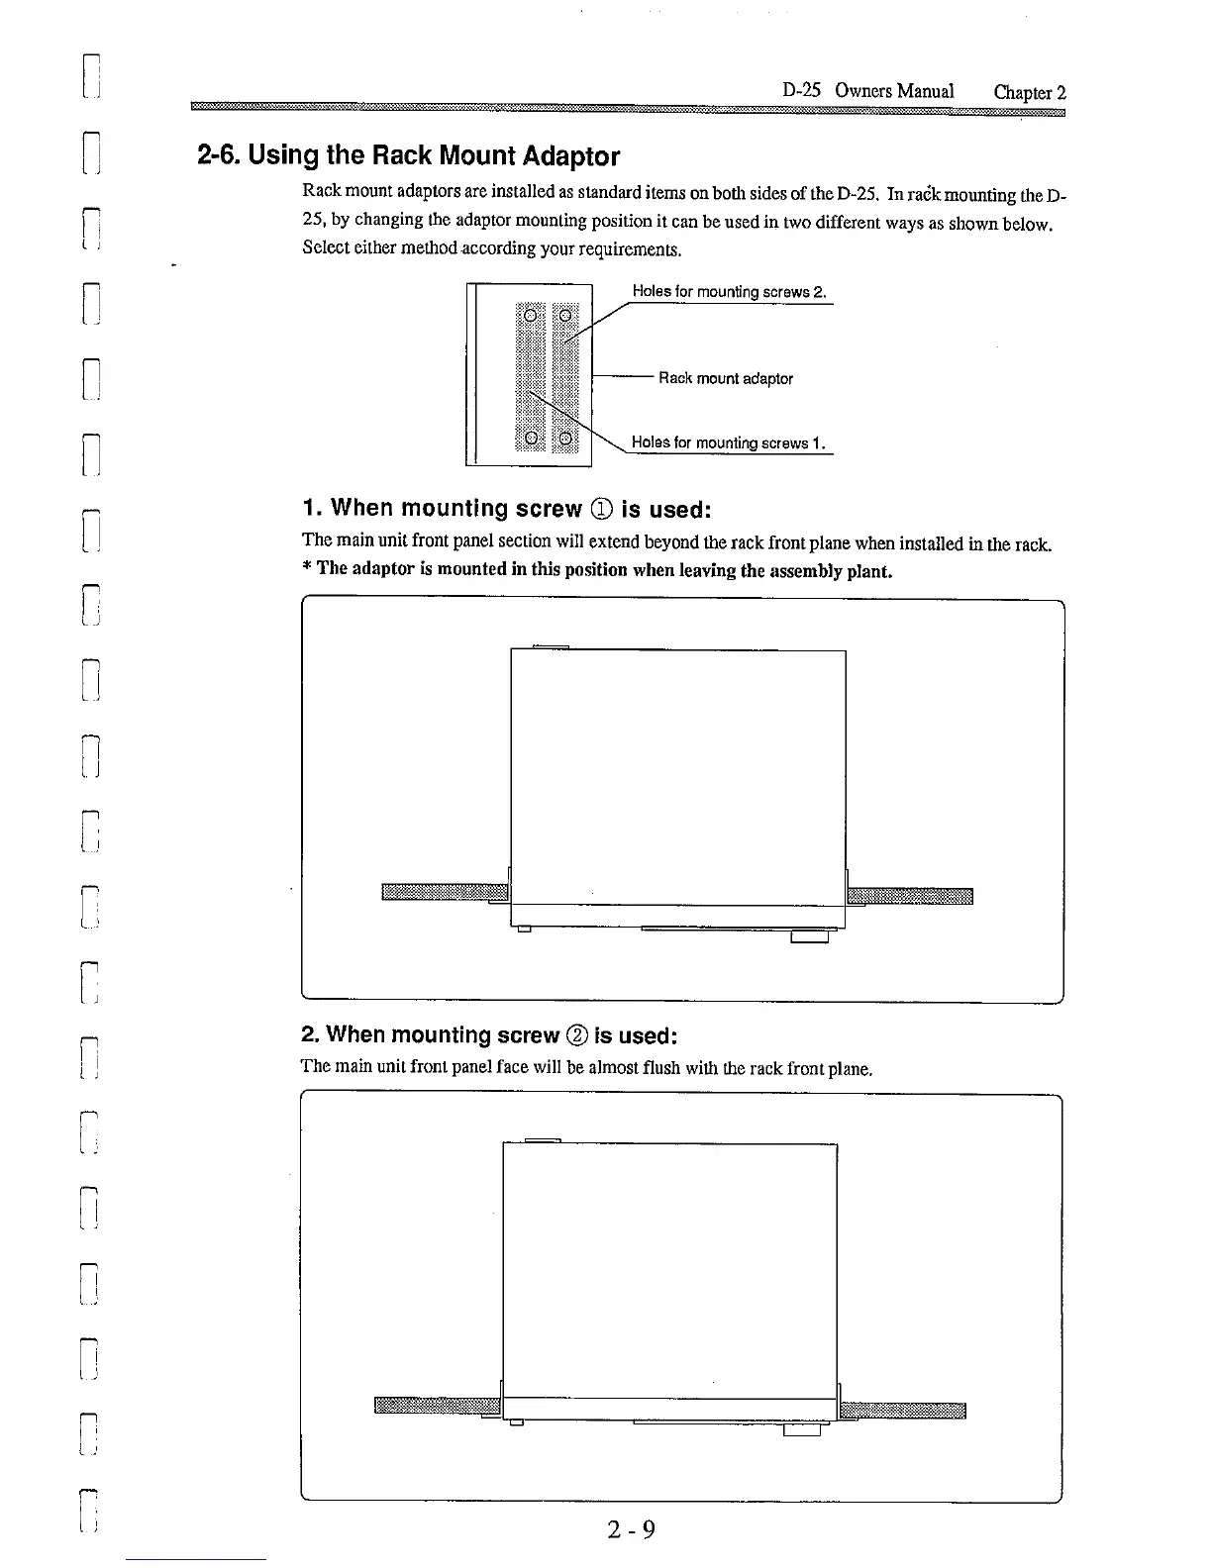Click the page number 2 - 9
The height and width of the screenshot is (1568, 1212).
tap(633, 1529)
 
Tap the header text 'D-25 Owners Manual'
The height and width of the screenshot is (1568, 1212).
tap(867, 91)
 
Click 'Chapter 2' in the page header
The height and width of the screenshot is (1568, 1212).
tap(1030, 92)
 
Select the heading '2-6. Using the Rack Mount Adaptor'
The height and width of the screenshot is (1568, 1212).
tap(408, 156)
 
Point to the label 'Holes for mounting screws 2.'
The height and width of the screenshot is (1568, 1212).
tap(729, 292)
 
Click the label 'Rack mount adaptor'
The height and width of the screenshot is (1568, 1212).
tap(726, 378)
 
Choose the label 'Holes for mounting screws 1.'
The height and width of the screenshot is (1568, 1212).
tap(729, 442)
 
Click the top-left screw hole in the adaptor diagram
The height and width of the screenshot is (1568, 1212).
tap(531, 316)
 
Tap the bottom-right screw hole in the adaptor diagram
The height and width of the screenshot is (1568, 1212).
tap(565, 438)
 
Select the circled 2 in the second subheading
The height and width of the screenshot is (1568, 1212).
tap(576, 1035)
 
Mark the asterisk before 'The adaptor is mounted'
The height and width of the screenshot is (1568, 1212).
tap(307, 568)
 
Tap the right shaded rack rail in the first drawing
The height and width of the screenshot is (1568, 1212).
tap(911, 896)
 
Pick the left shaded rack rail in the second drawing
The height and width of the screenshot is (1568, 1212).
tap(437, 1407)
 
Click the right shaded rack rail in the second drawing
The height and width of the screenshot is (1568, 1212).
tap(902, 1410)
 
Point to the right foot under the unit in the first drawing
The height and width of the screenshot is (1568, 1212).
tap(809, 935)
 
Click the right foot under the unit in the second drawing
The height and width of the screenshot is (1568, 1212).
tap(801, 1429)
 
